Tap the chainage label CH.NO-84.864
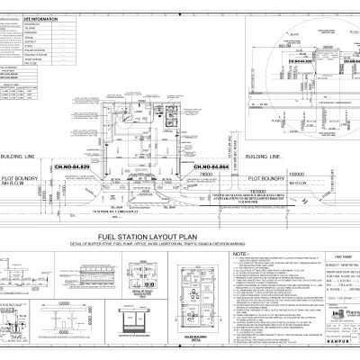click(202, 167)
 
